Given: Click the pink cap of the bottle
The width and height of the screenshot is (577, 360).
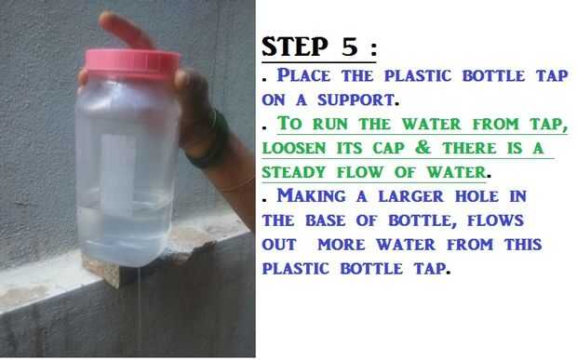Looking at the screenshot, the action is (132, 64).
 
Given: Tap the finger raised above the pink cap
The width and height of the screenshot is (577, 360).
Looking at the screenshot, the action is (125, 30).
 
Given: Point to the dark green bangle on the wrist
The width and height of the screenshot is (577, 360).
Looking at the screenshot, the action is (209, 140).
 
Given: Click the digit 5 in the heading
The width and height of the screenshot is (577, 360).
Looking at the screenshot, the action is (350, 47).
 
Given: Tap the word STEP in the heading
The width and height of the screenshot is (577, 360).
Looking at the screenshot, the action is (294, 47).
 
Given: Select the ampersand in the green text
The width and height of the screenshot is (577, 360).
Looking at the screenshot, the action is (423, 148).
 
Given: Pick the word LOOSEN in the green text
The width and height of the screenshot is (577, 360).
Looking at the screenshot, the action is (294, 148).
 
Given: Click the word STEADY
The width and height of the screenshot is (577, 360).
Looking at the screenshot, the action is (294, 172).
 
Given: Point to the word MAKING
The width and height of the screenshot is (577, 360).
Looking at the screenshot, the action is (312, 195).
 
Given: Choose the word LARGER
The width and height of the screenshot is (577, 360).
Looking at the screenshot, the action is (411, 196).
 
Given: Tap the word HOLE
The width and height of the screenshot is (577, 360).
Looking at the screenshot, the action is (476, 196).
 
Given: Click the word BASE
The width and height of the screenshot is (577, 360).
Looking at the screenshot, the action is (326, 220).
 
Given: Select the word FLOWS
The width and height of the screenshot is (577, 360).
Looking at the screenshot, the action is (495, 220).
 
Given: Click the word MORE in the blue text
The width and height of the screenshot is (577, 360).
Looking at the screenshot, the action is (342, 245).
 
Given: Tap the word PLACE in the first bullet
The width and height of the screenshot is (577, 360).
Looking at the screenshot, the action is (303, 75).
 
